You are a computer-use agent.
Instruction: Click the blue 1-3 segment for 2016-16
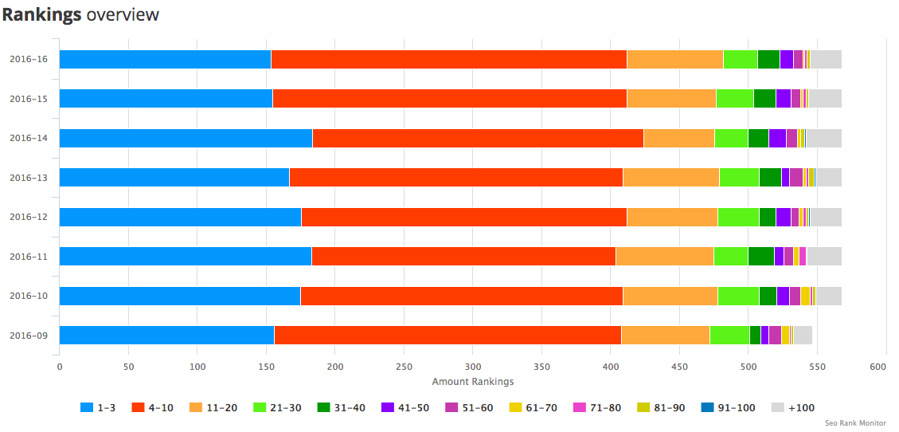point(165,59)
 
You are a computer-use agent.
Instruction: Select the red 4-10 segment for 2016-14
point(478,138)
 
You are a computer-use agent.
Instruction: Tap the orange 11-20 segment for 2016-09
point(665,335)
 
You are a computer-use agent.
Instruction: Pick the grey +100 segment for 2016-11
point(824,256)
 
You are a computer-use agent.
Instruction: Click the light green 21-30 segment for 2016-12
point(738,217)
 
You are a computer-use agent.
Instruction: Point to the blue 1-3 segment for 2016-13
point(174,177)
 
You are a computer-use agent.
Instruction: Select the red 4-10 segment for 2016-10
point(461,296)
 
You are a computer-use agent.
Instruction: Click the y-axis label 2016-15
point(29,99)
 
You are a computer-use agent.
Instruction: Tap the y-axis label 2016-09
point(29,336)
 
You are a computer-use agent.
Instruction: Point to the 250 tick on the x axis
point(404,367)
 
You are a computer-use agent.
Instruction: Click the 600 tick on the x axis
point(878,367)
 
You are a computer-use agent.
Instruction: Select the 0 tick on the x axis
point(60,367)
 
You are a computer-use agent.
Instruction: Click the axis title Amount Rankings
point(472,382)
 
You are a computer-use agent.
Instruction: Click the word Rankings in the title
point(41,14)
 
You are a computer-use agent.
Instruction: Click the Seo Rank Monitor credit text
point(855,423)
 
